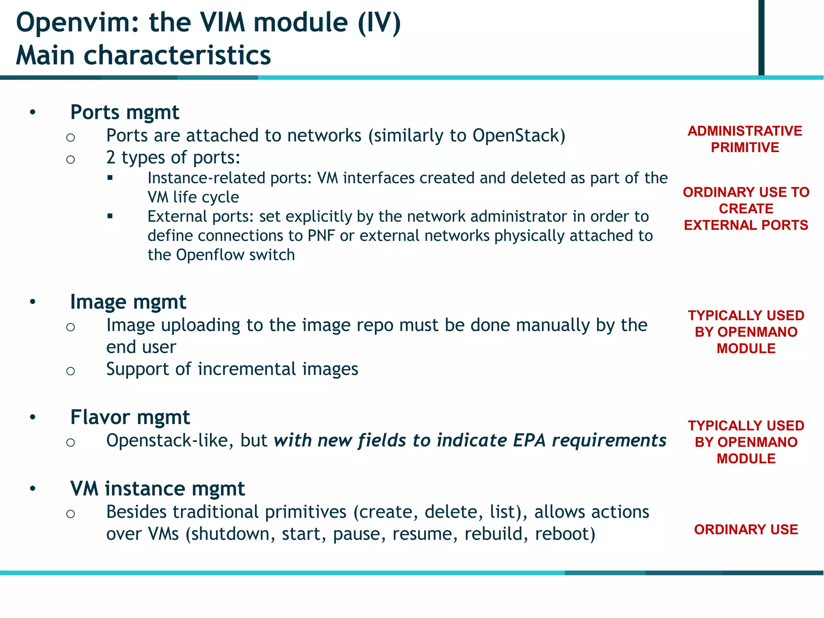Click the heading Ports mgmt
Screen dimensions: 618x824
[124, 112]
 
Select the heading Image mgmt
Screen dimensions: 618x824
[128, 302]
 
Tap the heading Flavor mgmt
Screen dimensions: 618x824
[130, 417]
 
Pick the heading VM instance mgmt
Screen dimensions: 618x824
[157, 489]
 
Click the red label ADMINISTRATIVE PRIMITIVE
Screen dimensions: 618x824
[745, 139]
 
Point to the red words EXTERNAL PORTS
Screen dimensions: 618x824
[746, 225]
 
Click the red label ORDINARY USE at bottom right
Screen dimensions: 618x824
[746, 529]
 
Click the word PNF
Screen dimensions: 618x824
[321, 236]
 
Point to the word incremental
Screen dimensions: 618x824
[247, 369]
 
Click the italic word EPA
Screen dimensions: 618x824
[529, 441]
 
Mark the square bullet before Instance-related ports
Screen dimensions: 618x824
[110, 177]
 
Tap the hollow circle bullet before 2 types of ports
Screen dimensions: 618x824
[71, 160]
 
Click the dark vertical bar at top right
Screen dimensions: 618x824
[761, 37]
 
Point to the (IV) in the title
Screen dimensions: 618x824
[379, 23]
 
